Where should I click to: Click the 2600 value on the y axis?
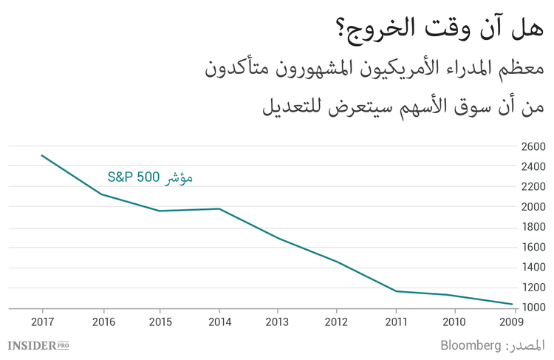pos(533,146)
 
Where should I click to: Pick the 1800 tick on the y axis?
pos(533,227)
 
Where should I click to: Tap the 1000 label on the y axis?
pos(533,308)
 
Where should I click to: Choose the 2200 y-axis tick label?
pos(533,187)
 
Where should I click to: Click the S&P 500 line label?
pos(150,177)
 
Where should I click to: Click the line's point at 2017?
pos(42,156)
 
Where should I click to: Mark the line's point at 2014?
pos(219,208)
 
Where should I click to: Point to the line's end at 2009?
pos(512,304)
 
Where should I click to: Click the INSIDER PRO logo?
pos(38,345)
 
